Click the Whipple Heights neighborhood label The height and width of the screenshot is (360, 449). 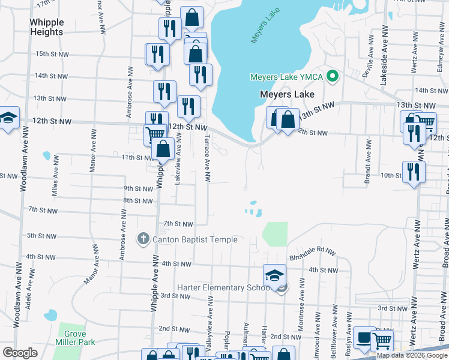[46, 27]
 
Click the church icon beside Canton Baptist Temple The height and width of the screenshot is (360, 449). [143, 239]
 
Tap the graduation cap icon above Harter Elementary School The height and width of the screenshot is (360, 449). [274, 275]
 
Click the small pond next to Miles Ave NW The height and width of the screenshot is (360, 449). [47, 156]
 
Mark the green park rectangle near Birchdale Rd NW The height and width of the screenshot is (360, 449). [276, 234]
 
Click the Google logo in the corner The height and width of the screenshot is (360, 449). [21, 353]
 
